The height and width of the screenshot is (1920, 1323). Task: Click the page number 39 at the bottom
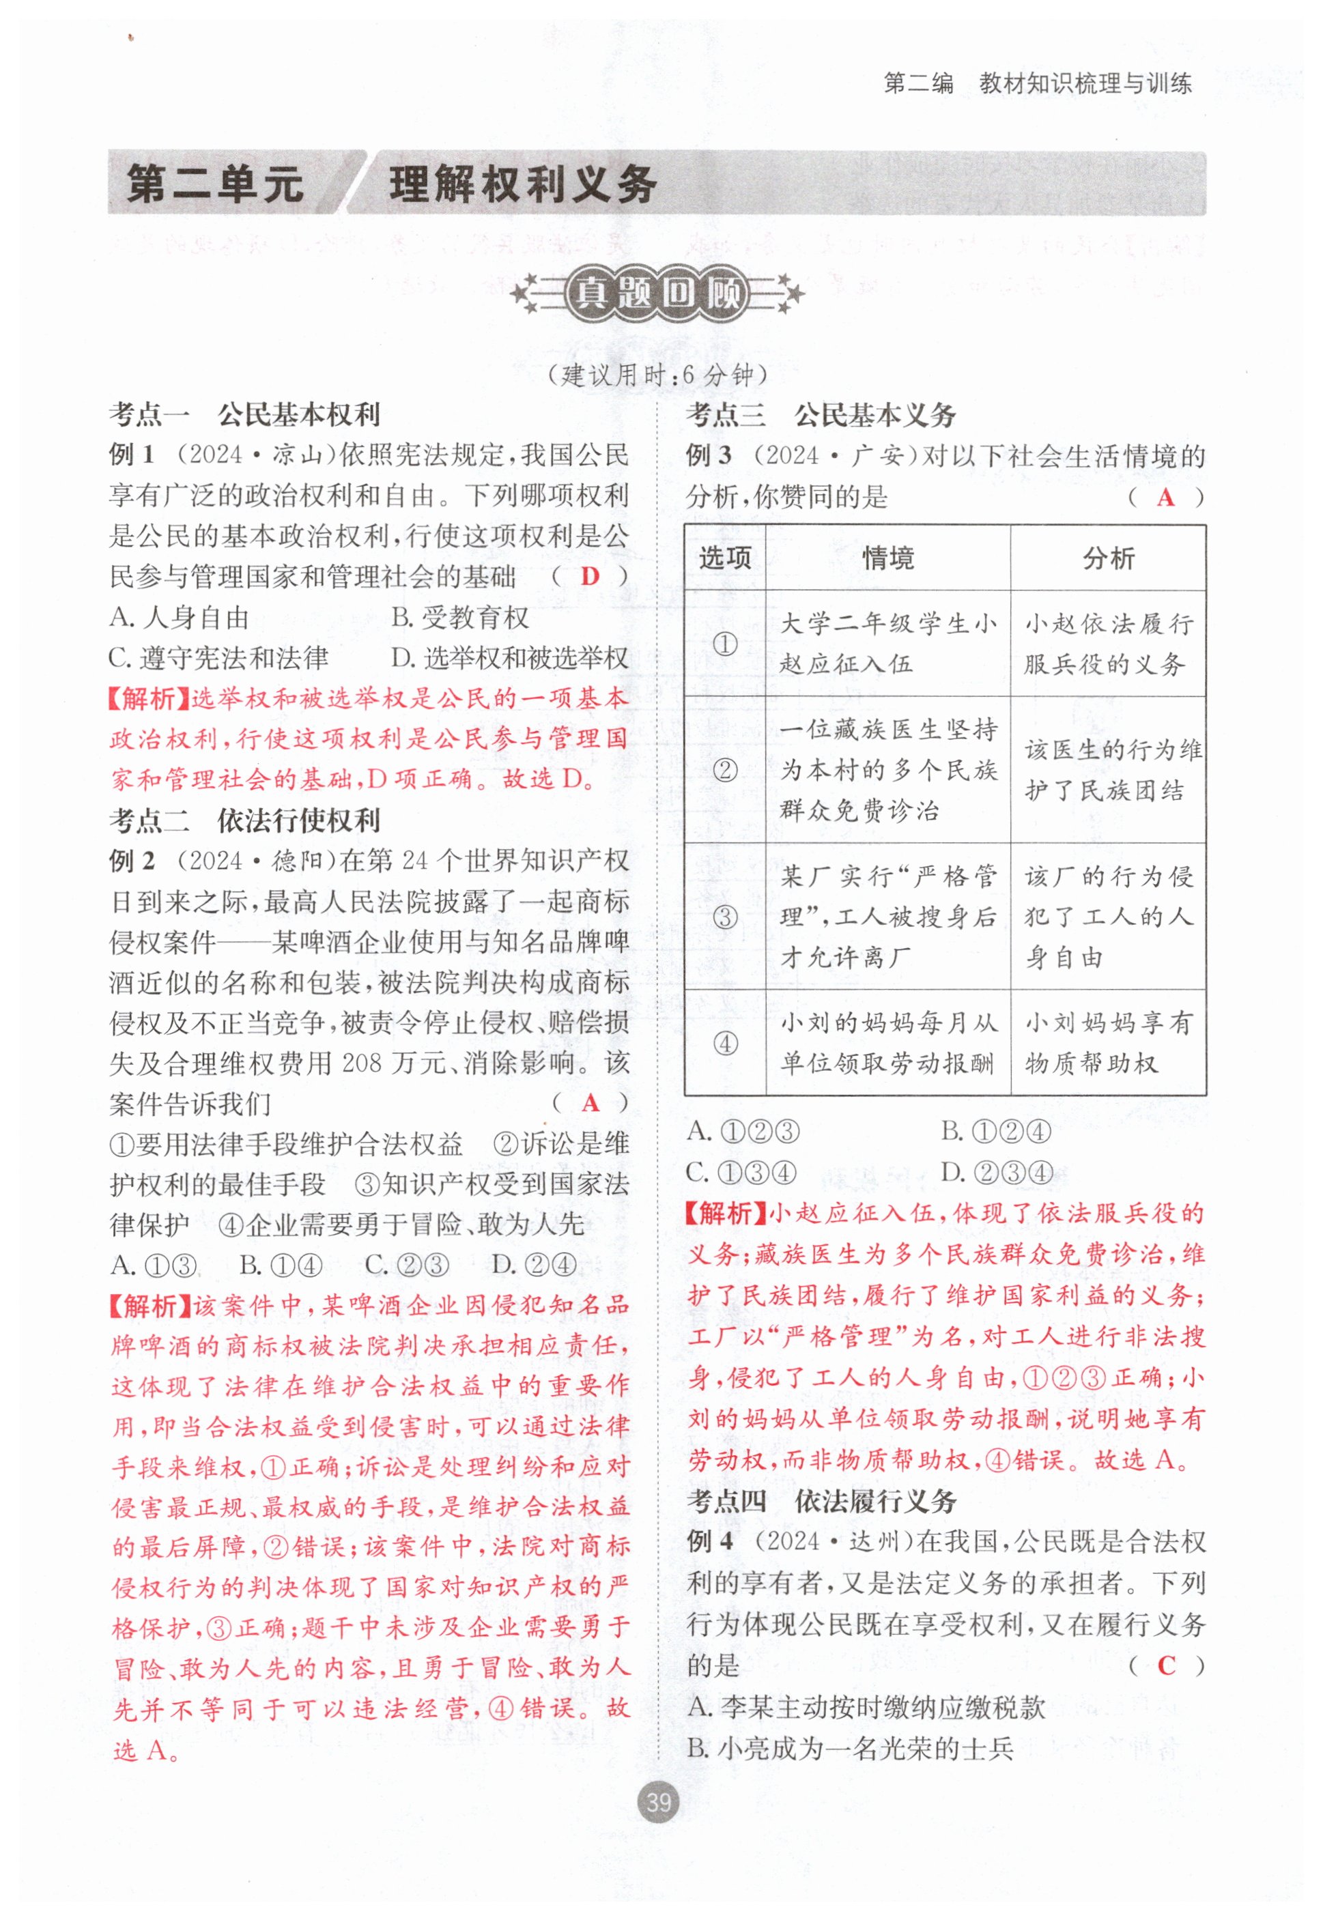pos(658,1803)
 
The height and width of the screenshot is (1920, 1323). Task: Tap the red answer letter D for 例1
pos(591,576)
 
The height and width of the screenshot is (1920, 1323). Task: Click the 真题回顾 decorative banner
pos(658,294)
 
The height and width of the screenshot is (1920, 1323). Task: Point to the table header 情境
pos(887,558)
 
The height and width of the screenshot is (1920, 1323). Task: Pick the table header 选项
pos(724,558)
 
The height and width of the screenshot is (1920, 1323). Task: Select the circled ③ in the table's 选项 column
pos(725,917)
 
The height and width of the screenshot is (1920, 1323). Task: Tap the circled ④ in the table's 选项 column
pos(725,1044)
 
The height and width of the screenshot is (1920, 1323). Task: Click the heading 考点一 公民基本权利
pos(244,414)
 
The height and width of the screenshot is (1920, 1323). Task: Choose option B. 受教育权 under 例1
pos(460,617)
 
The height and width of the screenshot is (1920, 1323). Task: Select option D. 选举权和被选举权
pos(510,658)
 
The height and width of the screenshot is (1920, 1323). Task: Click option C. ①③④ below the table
pos(742,1173)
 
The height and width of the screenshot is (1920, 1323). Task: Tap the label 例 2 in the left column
pos(132,861)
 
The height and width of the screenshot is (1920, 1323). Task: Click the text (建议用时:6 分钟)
pos(658,375)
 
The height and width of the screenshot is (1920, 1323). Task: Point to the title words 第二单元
pos(216,184)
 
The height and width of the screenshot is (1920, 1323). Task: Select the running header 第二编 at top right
pos(918,84)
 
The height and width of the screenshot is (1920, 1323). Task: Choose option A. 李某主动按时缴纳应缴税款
pos(866,1707)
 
